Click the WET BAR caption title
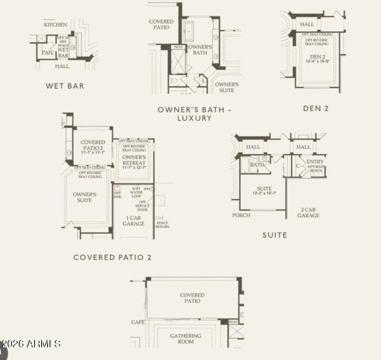[x=65, y=86]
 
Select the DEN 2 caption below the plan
[x=316, y=108]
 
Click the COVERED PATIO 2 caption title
[x=112, y=257]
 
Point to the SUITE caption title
[x=275, y=235]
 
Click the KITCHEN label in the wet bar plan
[x=55, y=24]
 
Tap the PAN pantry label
[x=47, y=52]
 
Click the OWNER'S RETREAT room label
[x=133, y=160]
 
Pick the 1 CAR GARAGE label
[x=133, y=220]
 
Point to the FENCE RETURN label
[x=162, y=224]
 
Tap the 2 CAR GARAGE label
[x=309, y=212]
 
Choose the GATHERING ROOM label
[x=186, y=339]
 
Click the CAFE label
[x=138, y=322]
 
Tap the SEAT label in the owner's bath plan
[x=179, y=47]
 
